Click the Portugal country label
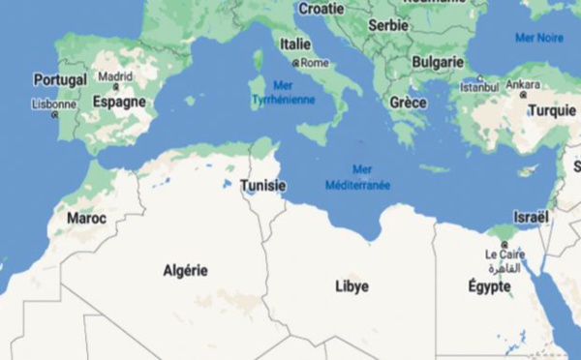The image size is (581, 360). point(60,79)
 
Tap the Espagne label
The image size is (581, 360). point(119,101)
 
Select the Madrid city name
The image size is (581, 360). point(115,75)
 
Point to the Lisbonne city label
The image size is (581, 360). point(54,104)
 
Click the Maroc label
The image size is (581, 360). point(86,219)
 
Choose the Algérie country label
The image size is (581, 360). point(185,271)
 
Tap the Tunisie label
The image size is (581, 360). point(261,186)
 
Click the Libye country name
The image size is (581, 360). point(352,286)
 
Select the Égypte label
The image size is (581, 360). point(489,286)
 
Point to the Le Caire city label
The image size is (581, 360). point(504,255)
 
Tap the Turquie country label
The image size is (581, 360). point(552,111)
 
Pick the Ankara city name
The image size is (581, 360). point(523,83)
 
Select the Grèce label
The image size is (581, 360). point(408,102)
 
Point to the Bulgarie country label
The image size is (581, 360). point(438,62)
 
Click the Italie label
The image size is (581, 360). point(295,44)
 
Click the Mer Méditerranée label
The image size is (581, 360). point(357,177)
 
